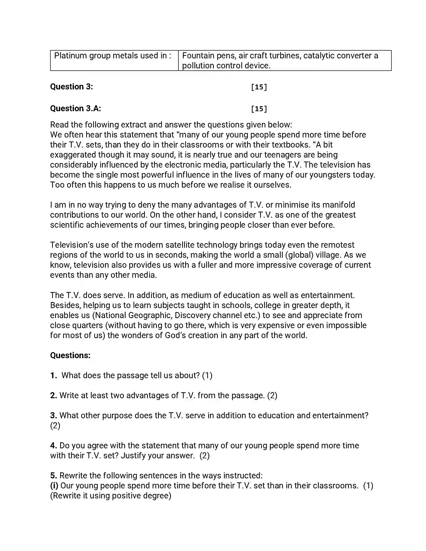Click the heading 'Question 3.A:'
tap(75, 108)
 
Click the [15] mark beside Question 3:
tap(259, 87)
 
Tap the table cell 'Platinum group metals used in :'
tap(113, 56)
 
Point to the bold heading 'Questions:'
tap(70, 355)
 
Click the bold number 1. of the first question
tap(54, 375)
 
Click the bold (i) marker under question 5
tap(54, 485)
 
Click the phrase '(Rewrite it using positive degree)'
tap(111, 495)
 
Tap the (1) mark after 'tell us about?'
tap(207, 375)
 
